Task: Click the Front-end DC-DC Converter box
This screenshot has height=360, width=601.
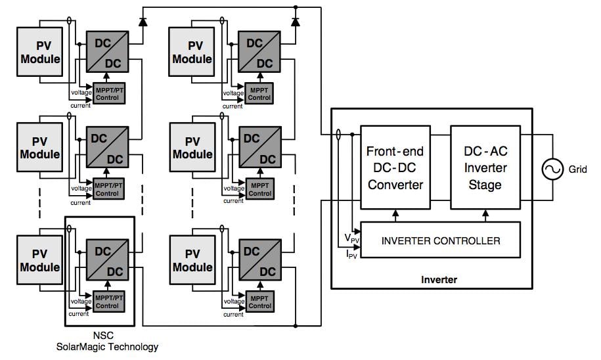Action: pos(395,167)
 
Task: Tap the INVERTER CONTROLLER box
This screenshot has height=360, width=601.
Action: pos(440,240)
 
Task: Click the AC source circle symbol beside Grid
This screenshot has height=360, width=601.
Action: pos(551,169)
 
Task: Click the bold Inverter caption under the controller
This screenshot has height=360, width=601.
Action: pos(439,280)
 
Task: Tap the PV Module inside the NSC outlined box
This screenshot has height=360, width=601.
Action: pos(40,259)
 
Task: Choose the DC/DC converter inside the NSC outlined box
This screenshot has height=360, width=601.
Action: pos(108,261)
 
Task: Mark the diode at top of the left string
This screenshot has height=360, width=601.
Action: pos(143,21)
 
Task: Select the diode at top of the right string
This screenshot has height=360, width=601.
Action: pos(295,21)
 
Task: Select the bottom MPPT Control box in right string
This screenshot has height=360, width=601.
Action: pos(260,302)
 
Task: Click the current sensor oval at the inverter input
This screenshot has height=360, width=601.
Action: pos(338,135)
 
